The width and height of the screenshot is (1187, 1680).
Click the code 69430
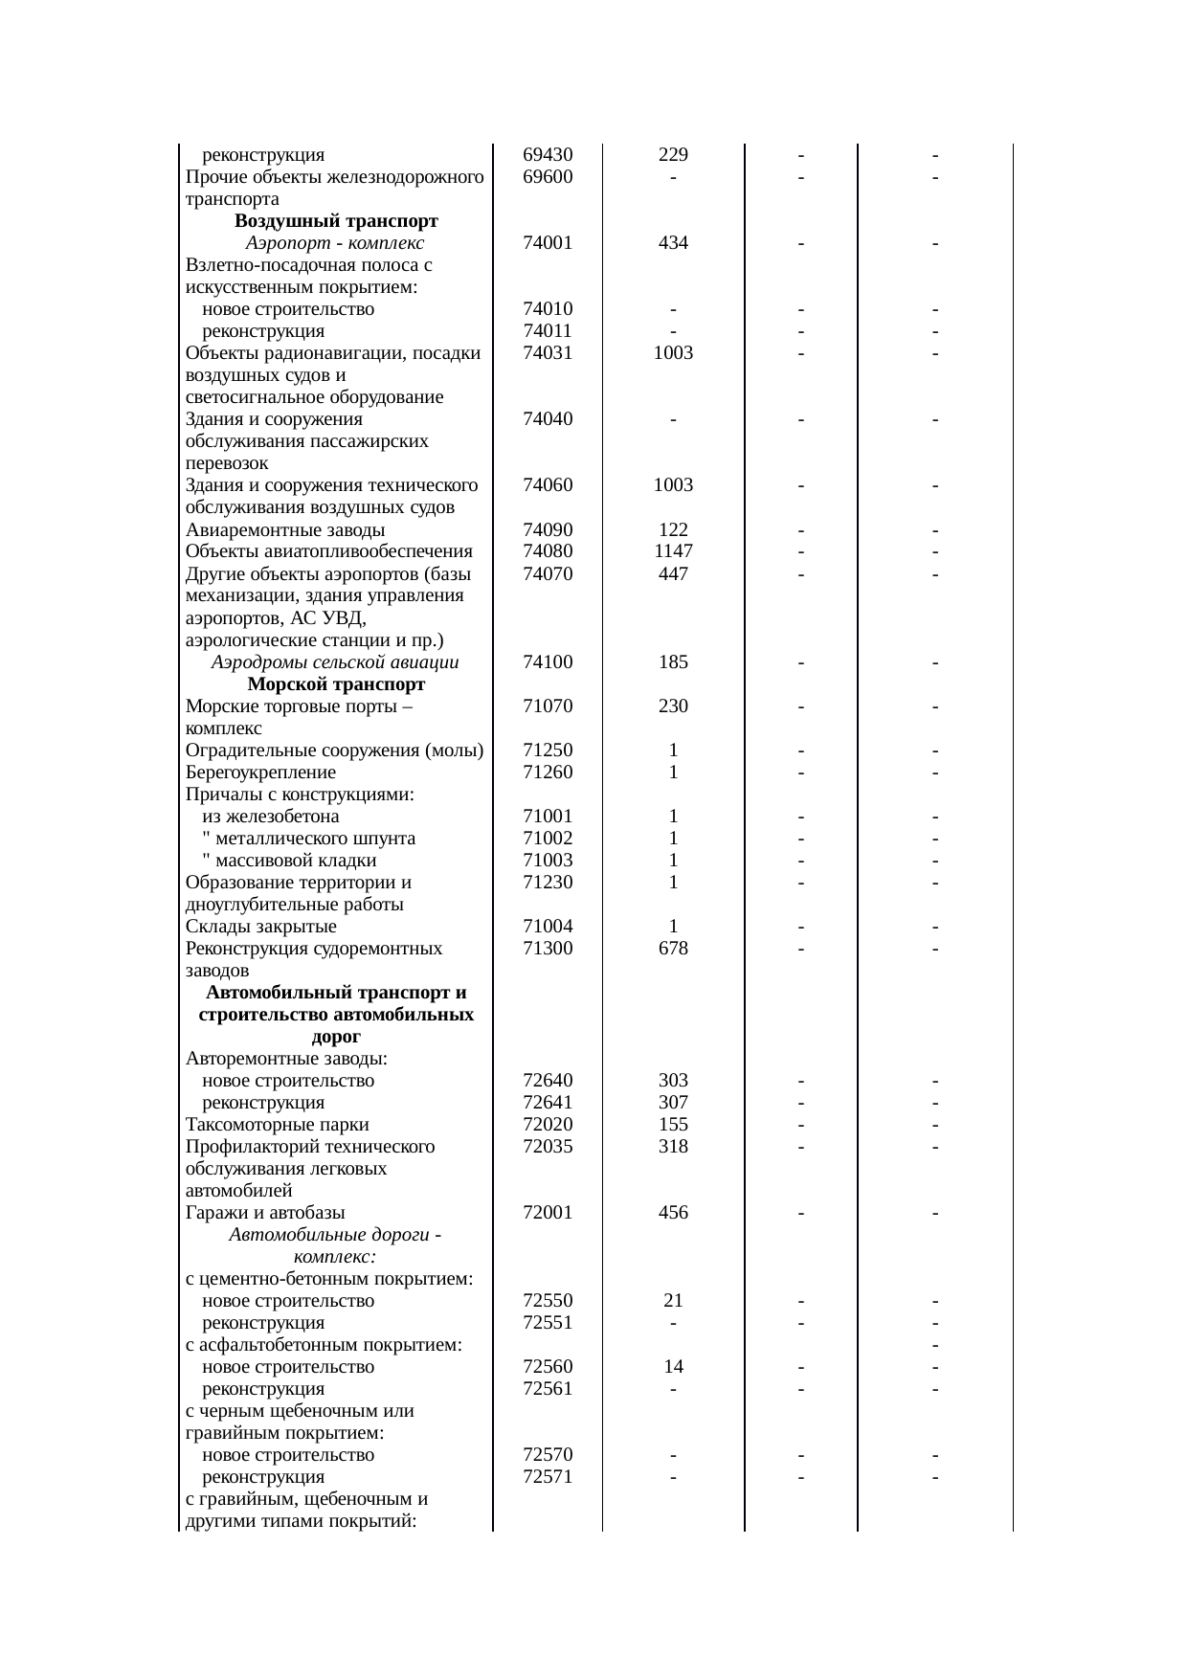(x=548, y=155)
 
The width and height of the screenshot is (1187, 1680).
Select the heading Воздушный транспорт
(x=336, y=221)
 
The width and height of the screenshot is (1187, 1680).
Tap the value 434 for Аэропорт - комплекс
(x=673, y=243)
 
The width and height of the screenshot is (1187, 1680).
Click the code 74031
(x=548, y=353)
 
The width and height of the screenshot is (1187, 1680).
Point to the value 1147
(x=673, y=551)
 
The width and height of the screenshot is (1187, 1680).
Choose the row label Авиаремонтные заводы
(x=285, y=529)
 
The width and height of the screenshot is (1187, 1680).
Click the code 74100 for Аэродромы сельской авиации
(x=548, y=662)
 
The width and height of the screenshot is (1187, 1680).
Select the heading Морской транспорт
(x=336, y=684)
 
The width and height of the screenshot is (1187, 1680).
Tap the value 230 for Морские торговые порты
(x=673, y=706)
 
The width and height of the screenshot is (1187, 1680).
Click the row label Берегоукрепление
(x=260, y=773)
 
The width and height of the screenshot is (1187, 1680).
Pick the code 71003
(x=548, y=861)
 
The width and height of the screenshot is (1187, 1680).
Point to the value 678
(x=673, y=949)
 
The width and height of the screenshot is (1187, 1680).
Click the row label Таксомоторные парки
(x=277, y=1125)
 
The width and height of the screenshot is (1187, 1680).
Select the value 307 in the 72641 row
(x=673, y=1103)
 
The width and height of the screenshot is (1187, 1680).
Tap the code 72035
(x=548, y=1147)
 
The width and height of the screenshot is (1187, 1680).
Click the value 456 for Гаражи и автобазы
(x=673, y=1213)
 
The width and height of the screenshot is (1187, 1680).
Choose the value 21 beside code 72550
(x=673, y=1301)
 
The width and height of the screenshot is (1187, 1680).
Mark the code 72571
(x=548, y=1477)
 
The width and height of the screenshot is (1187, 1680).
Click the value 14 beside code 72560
(x=673, y=1367)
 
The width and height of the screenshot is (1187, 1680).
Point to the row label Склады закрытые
(x=260, y=927)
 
